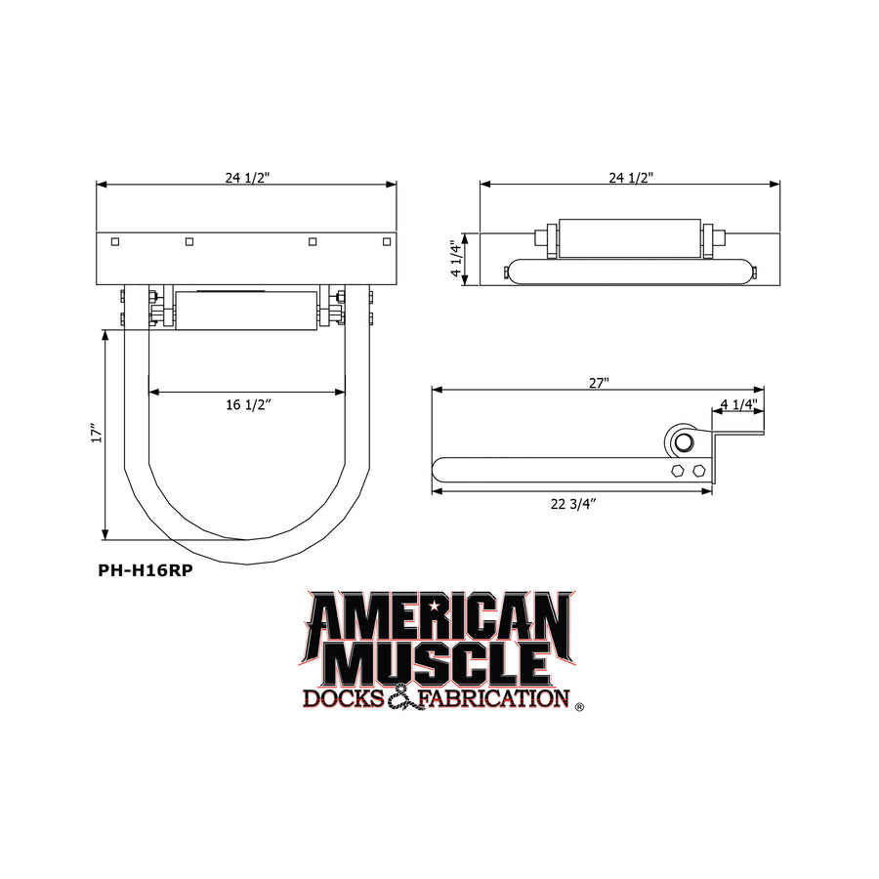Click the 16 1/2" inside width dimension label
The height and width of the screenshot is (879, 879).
pos(248,404)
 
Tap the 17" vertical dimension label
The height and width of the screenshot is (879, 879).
pos(98,433)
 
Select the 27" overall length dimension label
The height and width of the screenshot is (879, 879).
pos(599,383)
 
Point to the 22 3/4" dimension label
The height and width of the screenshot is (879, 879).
pos(572,504)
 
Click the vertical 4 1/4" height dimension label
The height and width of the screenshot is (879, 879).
pos(457,258)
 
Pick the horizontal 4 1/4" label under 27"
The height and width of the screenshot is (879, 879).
pos(739,403)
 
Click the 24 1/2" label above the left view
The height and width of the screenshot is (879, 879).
pos(247,178)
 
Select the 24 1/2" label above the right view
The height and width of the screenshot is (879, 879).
pos(631,178)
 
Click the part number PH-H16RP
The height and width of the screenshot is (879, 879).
pos(146,570)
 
